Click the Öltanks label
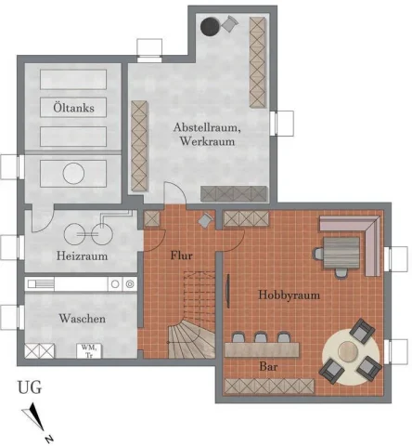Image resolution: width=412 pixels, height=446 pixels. [73, 108]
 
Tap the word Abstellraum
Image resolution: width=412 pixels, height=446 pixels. [207, 127]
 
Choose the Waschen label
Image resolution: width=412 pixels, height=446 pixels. [82, 319]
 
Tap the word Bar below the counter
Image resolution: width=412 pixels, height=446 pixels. [272, 367]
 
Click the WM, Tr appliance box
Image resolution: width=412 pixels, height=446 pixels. [89, 350]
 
